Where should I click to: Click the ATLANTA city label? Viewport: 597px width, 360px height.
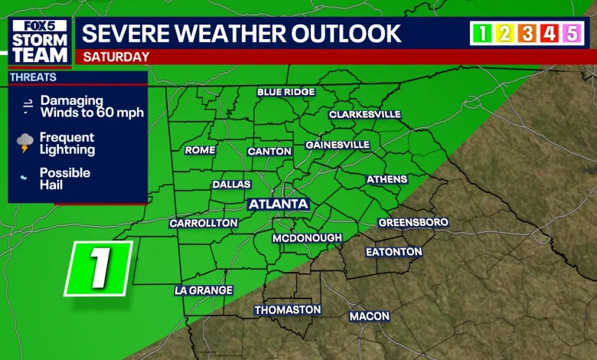point(279,205)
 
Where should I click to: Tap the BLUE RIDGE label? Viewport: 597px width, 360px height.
point(285,92)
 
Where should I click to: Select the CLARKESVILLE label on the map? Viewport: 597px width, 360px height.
point(364,114)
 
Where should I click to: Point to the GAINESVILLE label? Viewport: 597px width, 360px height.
point(338,145)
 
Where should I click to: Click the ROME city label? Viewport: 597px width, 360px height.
point(200,150)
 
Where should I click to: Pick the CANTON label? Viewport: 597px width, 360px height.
point(269,152)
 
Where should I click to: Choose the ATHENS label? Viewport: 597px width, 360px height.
point(387,179)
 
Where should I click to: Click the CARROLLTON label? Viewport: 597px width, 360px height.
point(204,223)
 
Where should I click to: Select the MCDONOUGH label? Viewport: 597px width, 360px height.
point(307,238)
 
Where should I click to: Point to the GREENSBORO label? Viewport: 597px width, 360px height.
point(413,222)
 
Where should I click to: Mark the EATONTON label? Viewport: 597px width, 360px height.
point(393,251)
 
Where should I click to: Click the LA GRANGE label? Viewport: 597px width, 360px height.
point(203,290)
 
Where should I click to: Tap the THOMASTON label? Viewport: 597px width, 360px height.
point(288,309)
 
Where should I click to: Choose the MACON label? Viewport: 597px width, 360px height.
point(370,316)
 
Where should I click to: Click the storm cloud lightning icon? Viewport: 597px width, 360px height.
point(26,142)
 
